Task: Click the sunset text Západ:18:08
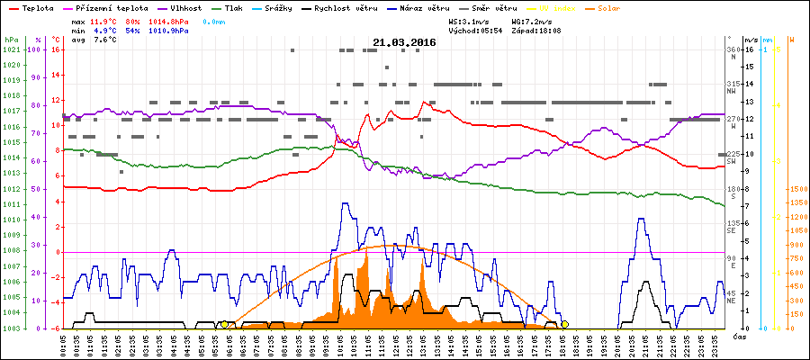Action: pyautogui.click(x=535, y=31)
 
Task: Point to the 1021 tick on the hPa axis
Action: pyautogui.click(x=11, y=49)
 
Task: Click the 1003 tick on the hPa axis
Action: pyautogui.click(x=11, y=328)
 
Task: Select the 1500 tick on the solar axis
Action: pyautogui.click(x=797, y=190)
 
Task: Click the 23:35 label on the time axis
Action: pyautogui.click(x=713, y=344)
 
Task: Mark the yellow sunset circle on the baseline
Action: pyautogui.click(x=564, y=324)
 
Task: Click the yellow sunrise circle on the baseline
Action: pyautogui.click(x=224, y=324)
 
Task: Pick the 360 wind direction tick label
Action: pyautogui.click(x=733, y=49)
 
